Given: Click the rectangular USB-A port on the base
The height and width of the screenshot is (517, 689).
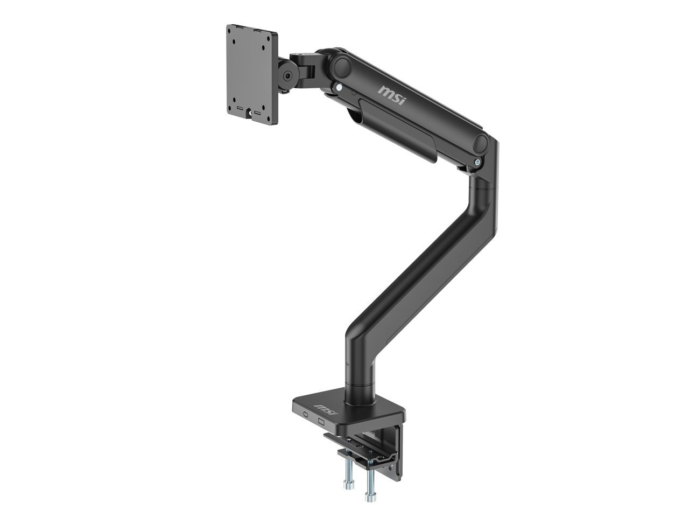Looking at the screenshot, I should pyautogui.click(x=321, y=421).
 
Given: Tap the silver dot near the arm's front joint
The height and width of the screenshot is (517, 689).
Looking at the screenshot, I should pyautogui.click(x=338, y=86).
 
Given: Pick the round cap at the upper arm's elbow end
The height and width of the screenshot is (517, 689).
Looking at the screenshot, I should pyautogui.click(x=481, y=144).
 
